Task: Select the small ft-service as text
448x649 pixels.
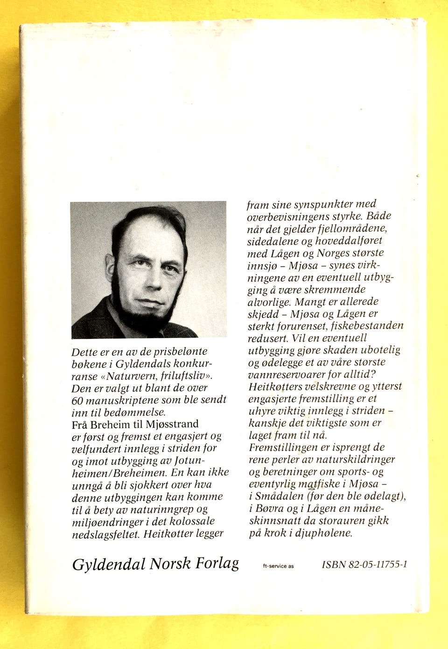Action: [279, 566]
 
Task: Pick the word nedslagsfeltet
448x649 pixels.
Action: [105, 534]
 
